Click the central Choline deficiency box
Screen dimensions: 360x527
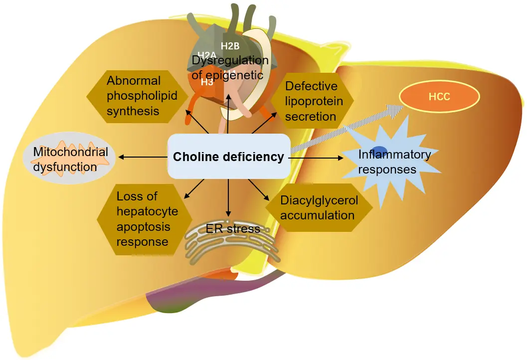click(x=229, y=157)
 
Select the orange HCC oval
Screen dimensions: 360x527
click(x=439, y=97)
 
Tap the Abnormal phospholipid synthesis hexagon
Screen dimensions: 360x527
click(x=135, y=96)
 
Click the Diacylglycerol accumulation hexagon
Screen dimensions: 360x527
click(x=319, y=208)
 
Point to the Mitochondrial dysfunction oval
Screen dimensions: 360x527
click(x=70, y=159)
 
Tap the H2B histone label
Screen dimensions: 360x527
click(x=230, y=46)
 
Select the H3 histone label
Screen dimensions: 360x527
click(x=207, y=83)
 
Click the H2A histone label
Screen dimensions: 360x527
click(x=206, y=55)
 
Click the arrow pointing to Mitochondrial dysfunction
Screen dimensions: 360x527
click(x=142, y=158)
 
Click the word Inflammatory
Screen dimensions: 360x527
click(x=394, y=155)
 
